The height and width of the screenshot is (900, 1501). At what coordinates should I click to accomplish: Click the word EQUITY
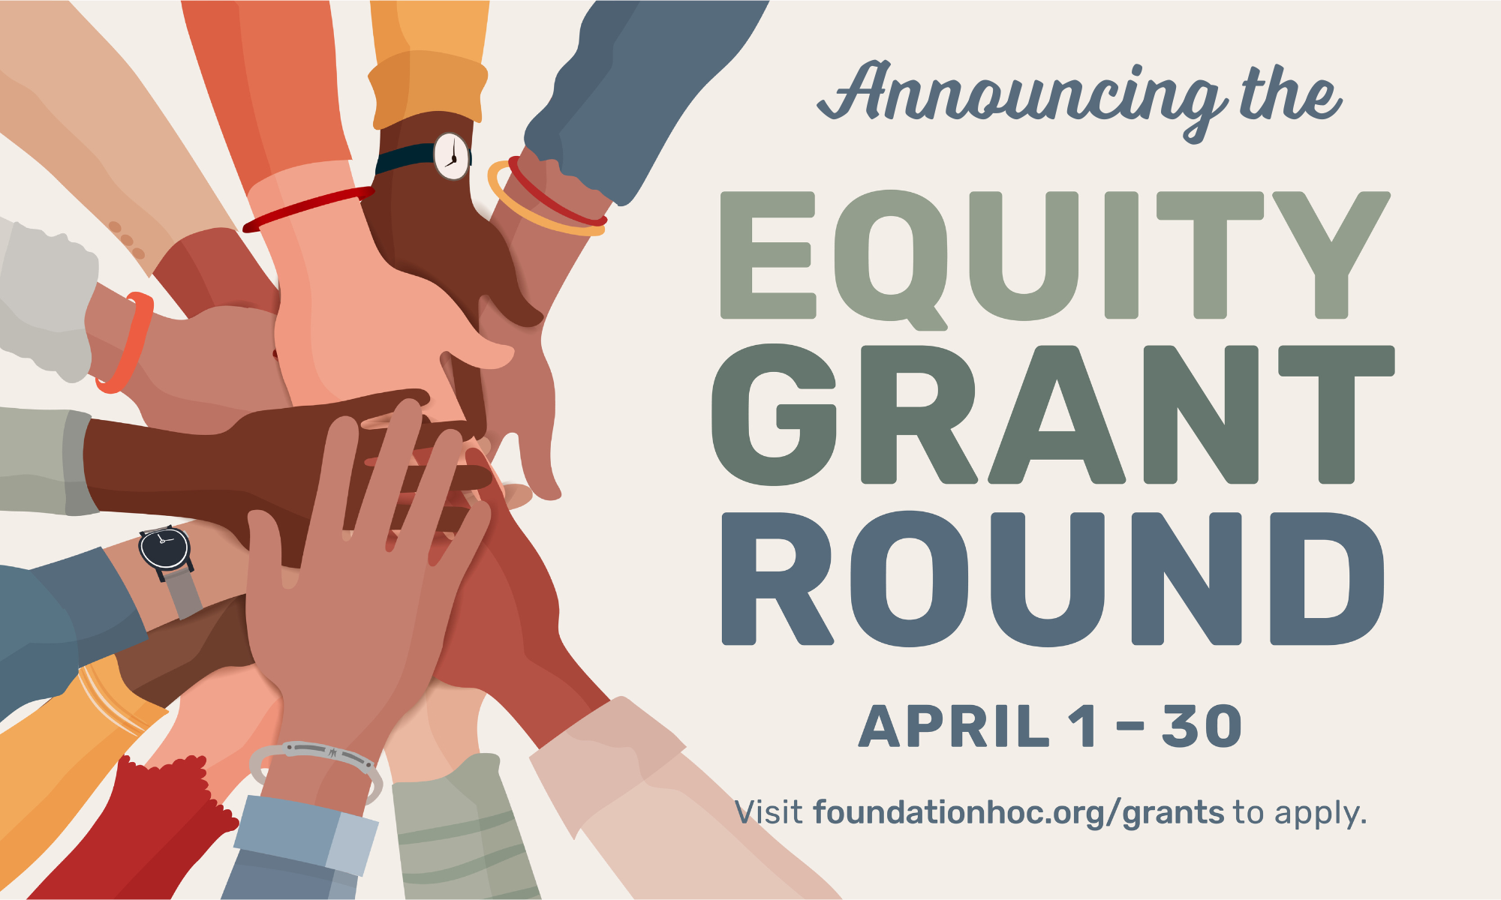1054,255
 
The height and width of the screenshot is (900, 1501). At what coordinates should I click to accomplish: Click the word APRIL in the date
953,727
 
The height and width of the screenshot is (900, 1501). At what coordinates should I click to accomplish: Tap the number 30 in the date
1202,727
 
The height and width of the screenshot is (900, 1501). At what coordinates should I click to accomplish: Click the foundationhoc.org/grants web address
1018,813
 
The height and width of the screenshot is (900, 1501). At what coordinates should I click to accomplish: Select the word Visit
769,813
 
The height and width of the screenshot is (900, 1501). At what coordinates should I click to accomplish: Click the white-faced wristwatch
452,156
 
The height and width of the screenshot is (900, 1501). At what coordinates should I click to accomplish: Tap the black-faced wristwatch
164,547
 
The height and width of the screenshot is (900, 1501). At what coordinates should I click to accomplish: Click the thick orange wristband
128,341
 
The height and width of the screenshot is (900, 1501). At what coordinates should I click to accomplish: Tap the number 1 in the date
1085,727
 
